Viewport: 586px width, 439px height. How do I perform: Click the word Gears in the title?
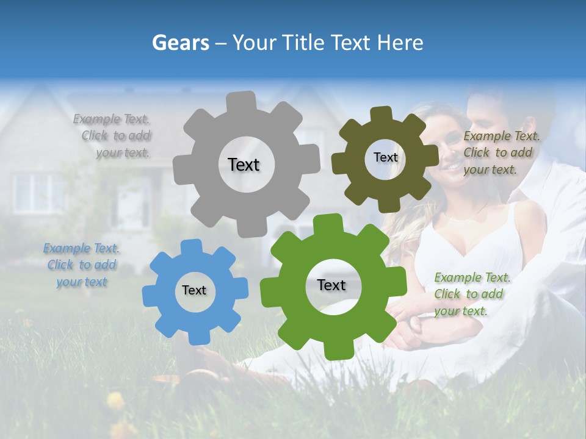pyautogui.click(x=180, y=42)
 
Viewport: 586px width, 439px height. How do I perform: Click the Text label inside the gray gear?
pyautogui.click(x=244, y=165)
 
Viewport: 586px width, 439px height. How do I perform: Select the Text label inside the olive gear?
pyautogui.click(x=385, y=157)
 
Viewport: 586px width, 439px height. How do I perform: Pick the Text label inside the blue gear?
pyautogui.click(x=194, y=290)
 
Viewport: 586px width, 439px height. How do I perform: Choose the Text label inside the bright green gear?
pyautogui.click(x=331, y=285)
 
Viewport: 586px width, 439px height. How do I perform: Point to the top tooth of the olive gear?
pyautogui.click(x=382, y=114)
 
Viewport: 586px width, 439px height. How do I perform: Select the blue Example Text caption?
pyautogui.click(x=82, y=265)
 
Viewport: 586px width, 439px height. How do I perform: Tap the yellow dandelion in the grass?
pyautogui.click(x=115, y=400)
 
